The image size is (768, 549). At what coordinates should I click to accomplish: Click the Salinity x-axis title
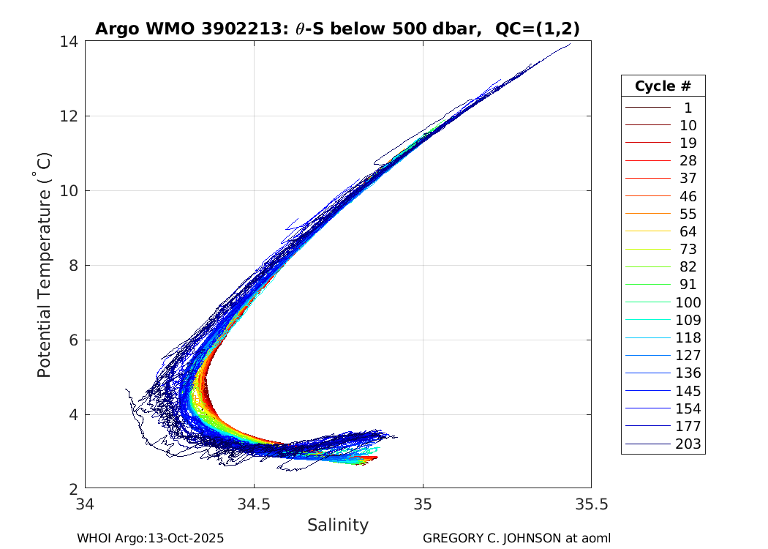coord(337,525)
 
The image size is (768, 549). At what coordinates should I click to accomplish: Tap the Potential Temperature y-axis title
coord(45,265)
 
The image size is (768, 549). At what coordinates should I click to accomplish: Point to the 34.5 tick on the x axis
coord(254,504)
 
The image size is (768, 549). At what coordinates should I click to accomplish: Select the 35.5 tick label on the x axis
coord(591,504)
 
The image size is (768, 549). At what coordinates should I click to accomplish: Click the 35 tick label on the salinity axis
coord(423,504)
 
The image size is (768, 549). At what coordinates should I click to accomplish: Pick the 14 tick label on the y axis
coord(70,42)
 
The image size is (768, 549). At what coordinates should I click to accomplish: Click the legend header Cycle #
coord(663,86)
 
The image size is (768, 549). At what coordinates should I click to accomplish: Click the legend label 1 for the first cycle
coord(688,108)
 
